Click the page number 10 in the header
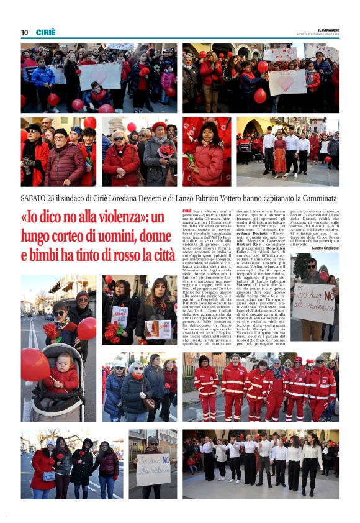(x=24, y=32)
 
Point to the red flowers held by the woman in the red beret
(x=166, y=151)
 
